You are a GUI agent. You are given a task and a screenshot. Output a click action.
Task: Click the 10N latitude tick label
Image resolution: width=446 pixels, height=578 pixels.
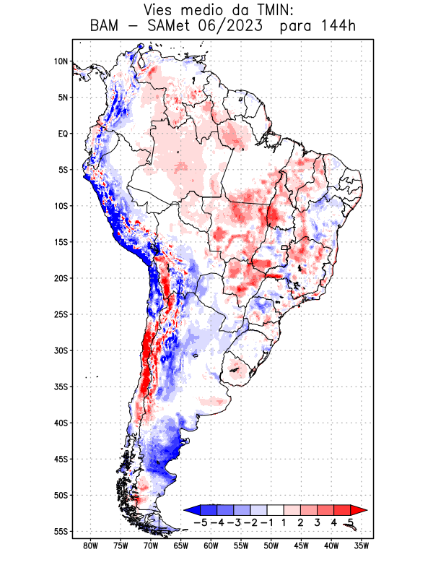tap(61, 61)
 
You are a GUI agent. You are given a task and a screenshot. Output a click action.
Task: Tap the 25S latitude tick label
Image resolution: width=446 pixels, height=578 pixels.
tap(61, 314)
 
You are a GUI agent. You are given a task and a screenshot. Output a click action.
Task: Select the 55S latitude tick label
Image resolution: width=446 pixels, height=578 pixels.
tap(61, 531)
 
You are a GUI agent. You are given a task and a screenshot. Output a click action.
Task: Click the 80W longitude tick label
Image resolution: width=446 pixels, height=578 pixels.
tap(91, 545)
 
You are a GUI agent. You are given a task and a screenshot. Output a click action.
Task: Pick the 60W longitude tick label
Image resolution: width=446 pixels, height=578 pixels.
tap(211, 545)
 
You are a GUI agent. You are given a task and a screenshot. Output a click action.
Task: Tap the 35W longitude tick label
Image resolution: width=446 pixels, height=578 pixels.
tap(362, 545)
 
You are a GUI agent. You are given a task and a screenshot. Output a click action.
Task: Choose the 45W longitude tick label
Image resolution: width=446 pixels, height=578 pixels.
tap(302, 545)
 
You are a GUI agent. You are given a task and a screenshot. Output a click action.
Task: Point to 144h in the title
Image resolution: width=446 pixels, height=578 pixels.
tap(334, 27)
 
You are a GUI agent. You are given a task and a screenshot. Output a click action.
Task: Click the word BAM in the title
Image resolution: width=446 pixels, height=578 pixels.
tap(105, 27)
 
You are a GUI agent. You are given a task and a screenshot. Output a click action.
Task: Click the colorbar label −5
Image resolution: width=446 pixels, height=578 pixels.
tap(200, 522)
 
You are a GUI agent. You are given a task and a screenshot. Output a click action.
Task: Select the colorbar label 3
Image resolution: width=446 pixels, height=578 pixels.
tap(318, 522)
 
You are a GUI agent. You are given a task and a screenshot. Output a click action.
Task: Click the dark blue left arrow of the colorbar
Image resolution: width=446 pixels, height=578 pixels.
tap(190, 510)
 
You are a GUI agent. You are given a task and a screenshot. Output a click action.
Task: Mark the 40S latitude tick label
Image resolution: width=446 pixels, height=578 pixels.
tap(61, 423)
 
